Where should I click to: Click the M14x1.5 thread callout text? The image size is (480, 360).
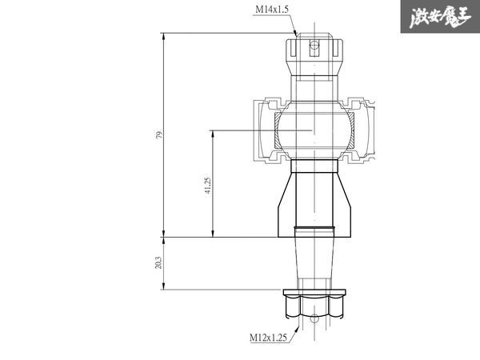tap(272, 10)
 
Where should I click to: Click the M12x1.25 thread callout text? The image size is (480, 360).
tap(268, 338)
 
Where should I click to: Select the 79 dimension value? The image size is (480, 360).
tap(159, 134)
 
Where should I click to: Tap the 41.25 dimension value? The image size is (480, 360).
tap(208, 186)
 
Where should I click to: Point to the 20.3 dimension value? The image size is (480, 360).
tap(158, 262)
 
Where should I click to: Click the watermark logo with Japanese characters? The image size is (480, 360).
tap(440, 17)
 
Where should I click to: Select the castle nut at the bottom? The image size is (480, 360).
tap(314, 306)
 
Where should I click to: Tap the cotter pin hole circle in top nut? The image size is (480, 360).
tap(314, 46)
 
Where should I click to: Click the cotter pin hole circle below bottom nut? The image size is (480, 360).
tap(314, 318)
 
